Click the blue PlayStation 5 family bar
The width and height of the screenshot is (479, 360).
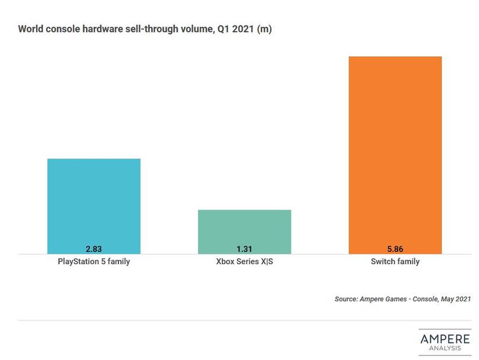pos(93,203)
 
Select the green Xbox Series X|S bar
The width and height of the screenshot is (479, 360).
pos(244,229)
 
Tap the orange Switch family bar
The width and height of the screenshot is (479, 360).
pos(395,151)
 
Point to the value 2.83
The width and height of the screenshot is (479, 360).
pos(93,249)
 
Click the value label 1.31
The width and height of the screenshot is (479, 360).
pos(244,249)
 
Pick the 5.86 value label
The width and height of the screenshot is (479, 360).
pos(395,249)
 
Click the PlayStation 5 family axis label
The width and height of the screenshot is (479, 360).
pos(93,262)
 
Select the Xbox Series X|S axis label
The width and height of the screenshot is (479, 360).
pos(244,262)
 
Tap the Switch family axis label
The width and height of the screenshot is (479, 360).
pos(395,262)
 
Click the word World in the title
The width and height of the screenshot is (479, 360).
pos(31,29)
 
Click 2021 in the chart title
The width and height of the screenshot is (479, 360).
pos(243,29)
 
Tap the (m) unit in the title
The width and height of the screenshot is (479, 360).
pos(264,29)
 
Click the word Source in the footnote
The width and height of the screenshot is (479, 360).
pos(347,300)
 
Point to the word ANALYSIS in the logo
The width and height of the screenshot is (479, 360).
pos(445,348)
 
